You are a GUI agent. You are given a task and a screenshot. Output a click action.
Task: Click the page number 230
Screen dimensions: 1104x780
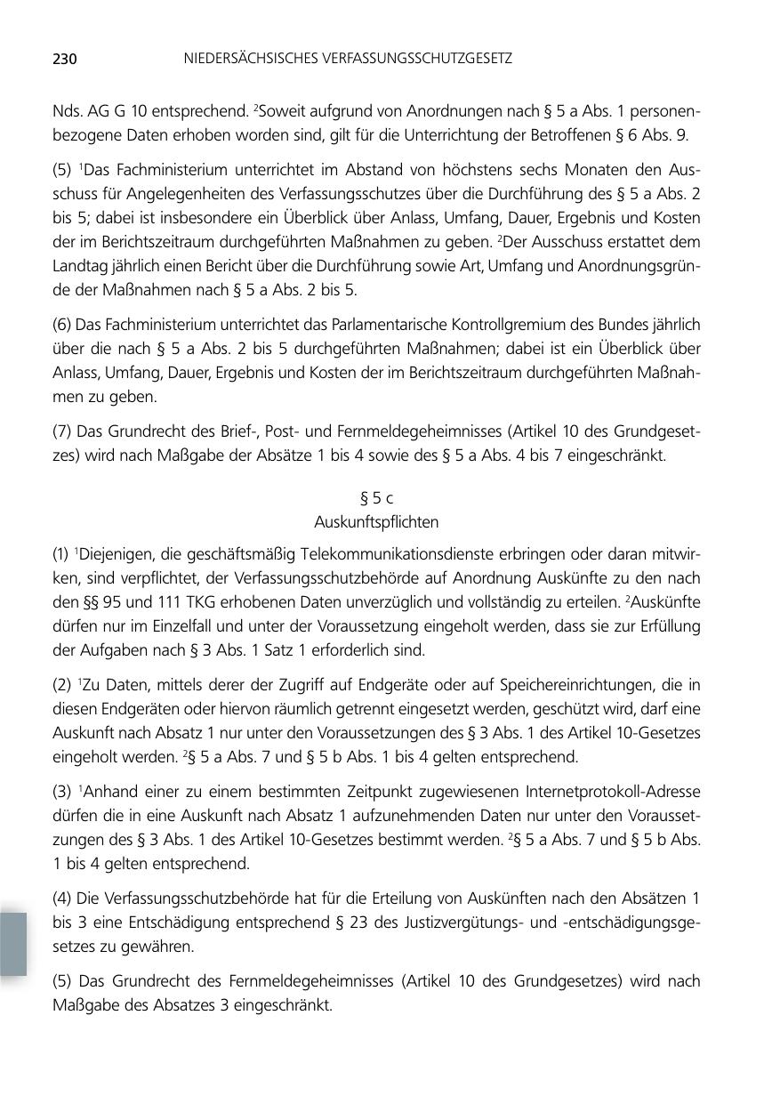pos(65,60)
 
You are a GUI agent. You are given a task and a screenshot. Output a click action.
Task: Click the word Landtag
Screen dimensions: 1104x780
pos(80,266)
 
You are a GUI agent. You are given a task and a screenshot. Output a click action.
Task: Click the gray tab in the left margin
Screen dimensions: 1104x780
pos(13,943)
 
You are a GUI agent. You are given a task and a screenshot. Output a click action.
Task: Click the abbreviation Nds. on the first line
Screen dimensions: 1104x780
pos(68,112)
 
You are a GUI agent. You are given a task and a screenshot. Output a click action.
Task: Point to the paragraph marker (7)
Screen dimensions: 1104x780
pos(62,431)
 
